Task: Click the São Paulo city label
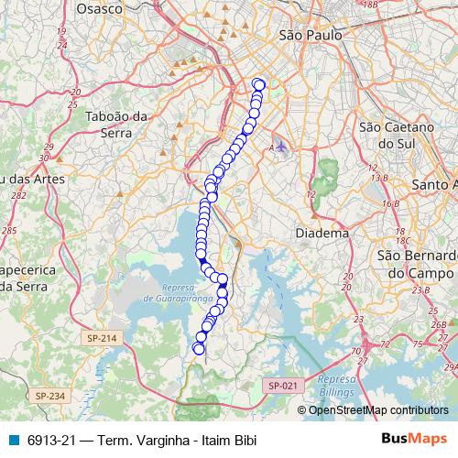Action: (309, 35)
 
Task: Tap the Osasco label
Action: (100, 8)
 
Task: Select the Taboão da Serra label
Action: (116, 125)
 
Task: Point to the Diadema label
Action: (322, 234)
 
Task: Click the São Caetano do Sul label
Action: (395, 135)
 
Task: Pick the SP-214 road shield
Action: (103, 338)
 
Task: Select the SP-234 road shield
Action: (50, 395)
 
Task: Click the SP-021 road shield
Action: (284, 386)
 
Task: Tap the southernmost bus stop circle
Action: (199, 348)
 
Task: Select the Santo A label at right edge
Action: (434, 184)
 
